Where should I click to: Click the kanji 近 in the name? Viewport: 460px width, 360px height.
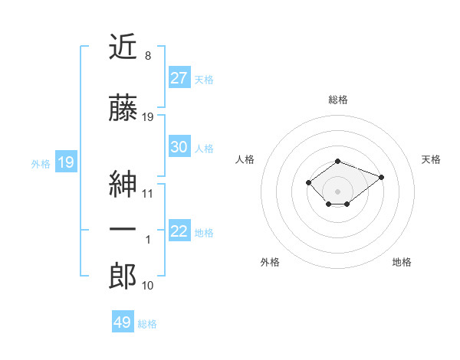pos(123,47)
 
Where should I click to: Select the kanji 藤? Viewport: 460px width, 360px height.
pos(123,110)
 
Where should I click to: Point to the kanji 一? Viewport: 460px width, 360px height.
pos(123,231)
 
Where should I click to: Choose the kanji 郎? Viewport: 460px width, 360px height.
pos(123,277)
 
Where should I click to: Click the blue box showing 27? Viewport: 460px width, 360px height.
pos(179,77)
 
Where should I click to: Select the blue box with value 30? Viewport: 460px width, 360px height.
pos(179,147)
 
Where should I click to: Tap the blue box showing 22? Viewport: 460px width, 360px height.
pos(179,231)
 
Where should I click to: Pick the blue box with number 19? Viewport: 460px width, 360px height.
pos(65,162)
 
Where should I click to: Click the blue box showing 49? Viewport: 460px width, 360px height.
pos(123,322)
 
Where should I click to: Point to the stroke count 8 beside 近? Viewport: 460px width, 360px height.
pos(147,56)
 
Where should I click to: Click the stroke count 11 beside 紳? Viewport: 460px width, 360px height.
pos(148,193)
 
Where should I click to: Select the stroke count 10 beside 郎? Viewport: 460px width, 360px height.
pos(148,286)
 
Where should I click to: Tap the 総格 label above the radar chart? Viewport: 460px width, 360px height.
pos(338,100)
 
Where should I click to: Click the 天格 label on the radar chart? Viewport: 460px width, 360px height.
pos(431,159)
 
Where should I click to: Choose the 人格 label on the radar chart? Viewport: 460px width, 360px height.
pos(245,159)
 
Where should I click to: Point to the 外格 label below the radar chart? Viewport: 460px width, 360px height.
pos(270,262)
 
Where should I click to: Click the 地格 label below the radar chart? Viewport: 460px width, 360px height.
pos(402,262)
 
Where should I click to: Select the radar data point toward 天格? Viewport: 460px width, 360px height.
pos(381,177)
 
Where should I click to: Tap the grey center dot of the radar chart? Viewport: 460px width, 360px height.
pos(337,191)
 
